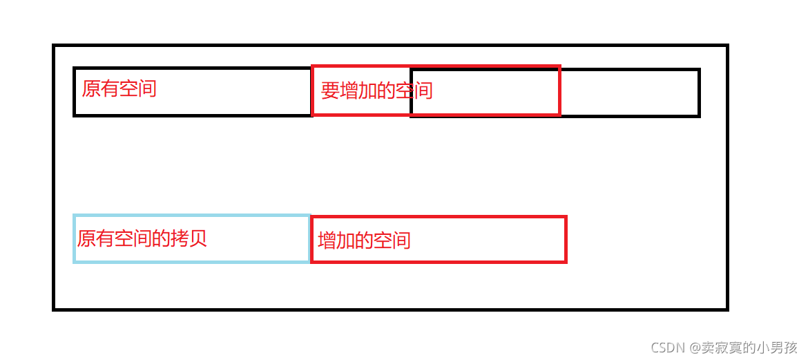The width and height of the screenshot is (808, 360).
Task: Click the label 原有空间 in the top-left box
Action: (x=119, y=88)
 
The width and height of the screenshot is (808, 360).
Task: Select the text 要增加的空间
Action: (x=376, y=91)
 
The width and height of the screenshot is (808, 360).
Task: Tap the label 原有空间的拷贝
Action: (x=142, y=239)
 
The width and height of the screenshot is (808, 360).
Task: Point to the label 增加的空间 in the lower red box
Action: (x=364, y=240)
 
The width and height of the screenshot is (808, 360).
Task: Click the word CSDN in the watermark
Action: (x=664, y=347)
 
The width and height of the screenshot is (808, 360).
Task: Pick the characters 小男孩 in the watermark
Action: (x=780, y=347)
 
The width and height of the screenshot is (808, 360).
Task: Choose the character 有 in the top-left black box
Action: (x=110, y=88)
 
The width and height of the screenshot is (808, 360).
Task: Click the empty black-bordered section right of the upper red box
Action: (x=629, y=92)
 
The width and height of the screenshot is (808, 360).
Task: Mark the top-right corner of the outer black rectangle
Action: (x=727, y=46)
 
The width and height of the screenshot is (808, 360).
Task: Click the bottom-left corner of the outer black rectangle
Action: (x=54, y=309)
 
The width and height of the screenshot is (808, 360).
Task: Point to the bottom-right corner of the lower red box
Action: (x=566, y=261)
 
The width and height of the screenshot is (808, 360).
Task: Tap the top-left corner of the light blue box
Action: (x=75, y=216)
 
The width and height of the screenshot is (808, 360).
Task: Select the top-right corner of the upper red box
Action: (x=559, y=67)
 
